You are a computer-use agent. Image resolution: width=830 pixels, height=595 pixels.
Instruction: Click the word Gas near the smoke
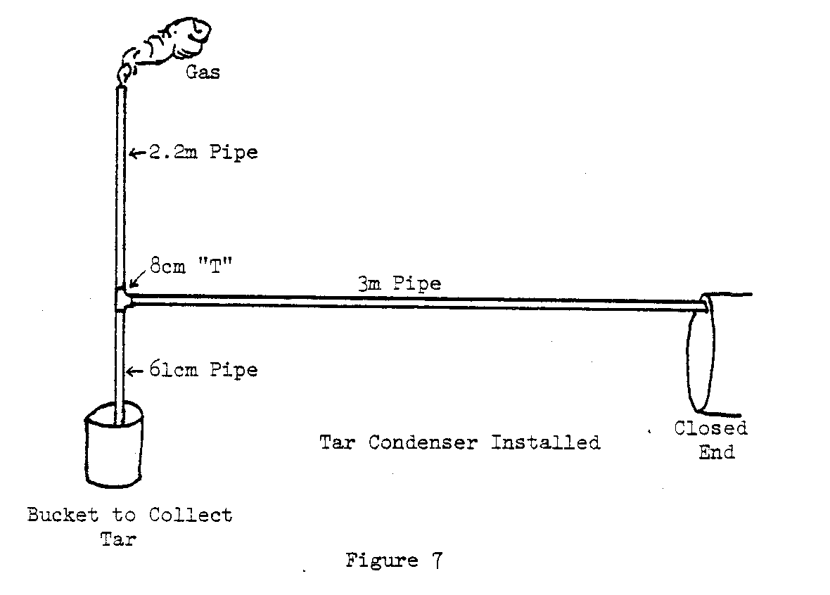point(203,72)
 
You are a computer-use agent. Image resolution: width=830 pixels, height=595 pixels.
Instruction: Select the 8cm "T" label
point(182,267)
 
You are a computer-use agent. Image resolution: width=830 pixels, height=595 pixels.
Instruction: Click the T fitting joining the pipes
point(121,300)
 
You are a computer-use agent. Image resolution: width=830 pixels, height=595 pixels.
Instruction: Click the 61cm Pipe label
point(203,369)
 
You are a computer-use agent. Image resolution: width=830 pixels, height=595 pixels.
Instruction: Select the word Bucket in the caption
point(63,515)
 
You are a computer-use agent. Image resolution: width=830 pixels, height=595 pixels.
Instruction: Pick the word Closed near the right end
point(710,428)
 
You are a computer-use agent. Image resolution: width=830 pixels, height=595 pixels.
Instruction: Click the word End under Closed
point(716,452)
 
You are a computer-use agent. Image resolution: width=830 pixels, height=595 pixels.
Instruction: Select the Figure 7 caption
point(393,561)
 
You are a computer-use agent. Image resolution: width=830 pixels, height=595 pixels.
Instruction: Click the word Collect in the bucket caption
point(190,515)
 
